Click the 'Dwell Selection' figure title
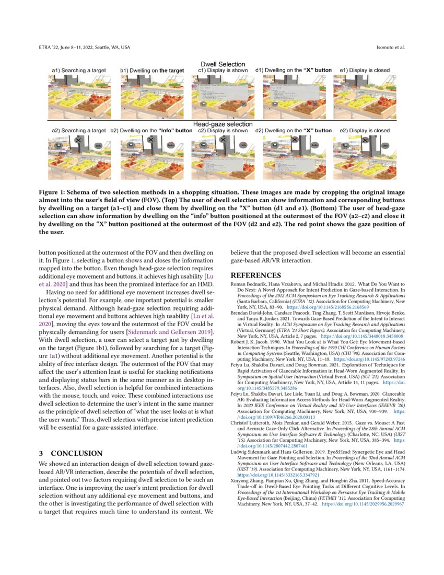pos(223,64)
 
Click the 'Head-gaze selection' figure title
pos(223,124)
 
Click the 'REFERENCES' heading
pos(256,275)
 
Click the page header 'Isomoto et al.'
pos(391,48)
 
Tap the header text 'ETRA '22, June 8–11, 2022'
pos(73,48)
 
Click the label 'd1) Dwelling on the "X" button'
pos(293,70)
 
